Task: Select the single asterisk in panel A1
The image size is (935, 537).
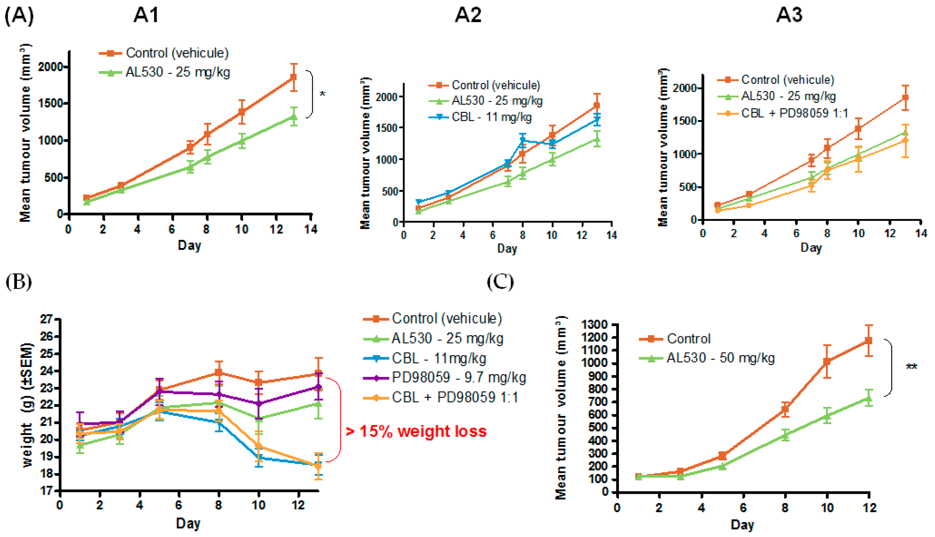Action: [x=322, y=94]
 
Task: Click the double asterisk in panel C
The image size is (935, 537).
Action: [x=911, y=367]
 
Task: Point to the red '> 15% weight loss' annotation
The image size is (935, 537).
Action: [x=416, y=432]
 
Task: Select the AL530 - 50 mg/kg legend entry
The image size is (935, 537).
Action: [x=720, y=358]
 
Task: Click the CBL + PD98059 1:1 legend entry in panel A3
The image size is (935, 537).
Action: [x=794, y=113]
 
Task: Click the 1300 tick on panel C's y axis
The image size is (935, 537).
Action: [x=594, y=325]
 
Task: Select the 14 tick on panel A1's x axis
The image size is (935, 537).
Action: [x=311, y=229]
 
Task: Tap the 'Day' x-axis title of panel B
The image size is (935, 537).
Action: [x=188, y=523]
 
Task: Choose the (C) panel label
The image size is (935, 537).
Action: [x=500, y=282]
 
